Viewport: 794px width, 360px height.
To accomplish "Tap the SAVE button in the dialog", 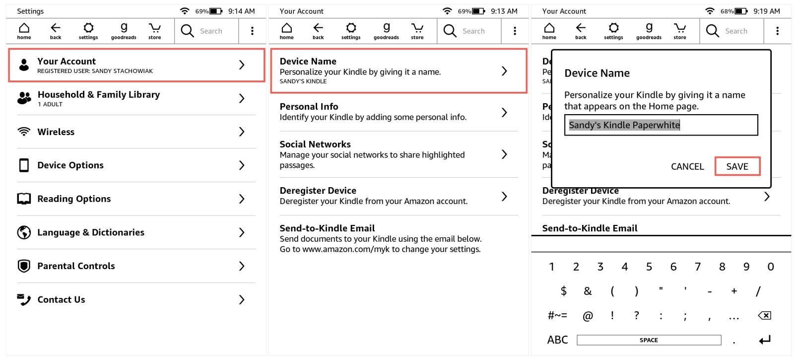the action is coord(737,166).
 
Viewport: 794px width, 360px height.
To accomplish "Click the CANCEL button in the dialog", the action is coord(687,166).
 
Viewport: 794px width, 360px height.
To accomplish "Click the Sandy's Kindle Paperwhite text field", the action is coord(661,125).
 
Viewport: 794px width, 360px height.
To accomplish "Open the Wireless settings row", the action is coord(136,132).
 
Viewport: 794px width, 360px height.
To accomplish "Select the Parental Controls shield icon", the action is coord(24,266).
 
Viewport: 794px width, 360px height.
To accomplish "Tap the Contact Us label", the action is coord(62,299).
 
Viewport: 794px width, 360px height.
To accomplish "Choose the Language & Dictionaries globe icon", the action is coord(24,232).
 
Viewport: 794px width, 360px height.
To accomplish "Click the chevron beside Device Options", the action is coord(242,165).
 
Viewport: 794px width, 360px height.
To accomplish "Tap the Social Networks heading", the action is coord(315,144).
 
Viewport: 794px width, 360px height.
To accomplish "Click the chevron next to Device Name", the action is coord(504,71).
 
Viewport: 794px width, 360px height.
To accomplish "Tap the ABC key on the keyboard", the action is coord(557,340).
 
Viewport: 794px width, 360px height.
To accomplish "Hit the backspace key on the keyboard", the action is coord(765,315).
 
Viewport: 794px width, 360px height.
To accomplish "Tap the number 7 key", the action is coord(698,266).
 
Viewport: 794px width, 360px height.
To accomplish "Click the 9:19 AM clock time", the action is coord(766,11).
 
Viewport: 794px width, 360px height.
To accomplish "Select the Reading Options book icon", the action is coord(24,199).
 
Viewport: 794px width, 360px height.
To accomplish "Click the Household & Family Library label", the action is coord(99,95).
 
